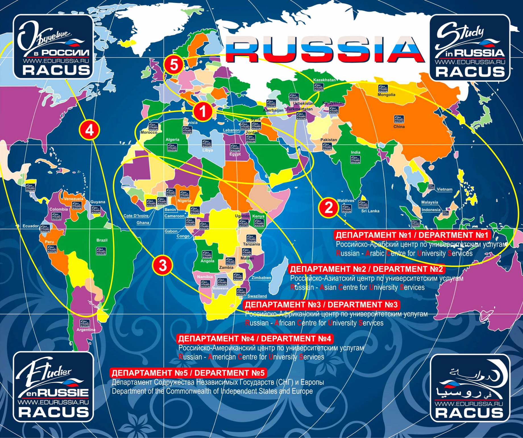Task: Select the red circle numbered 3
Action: (163, 265)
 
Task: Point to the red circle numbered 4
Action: (90, 130)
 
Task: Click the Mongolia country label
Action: (386, 95)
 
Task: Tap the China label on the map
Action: (399, 127)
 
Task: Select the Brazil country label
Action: (102, 240)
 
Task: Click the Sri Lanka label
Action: (370, 211)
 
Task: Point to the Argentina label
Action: (86, 330)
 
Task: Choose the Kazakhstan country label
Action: (324, 80)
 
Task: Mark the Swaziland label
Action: (257, 296)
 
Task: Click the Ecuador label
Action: (31, 226)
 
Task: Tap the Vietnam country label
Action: (445, 189)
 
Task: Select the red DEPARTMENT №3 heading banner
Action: (321, 305)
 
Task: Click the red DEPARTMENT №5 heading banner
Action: (188, 373)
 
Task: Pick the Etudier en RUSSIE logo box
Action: (53, 387)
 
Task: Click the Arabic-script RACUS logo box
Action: (470, 388)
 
